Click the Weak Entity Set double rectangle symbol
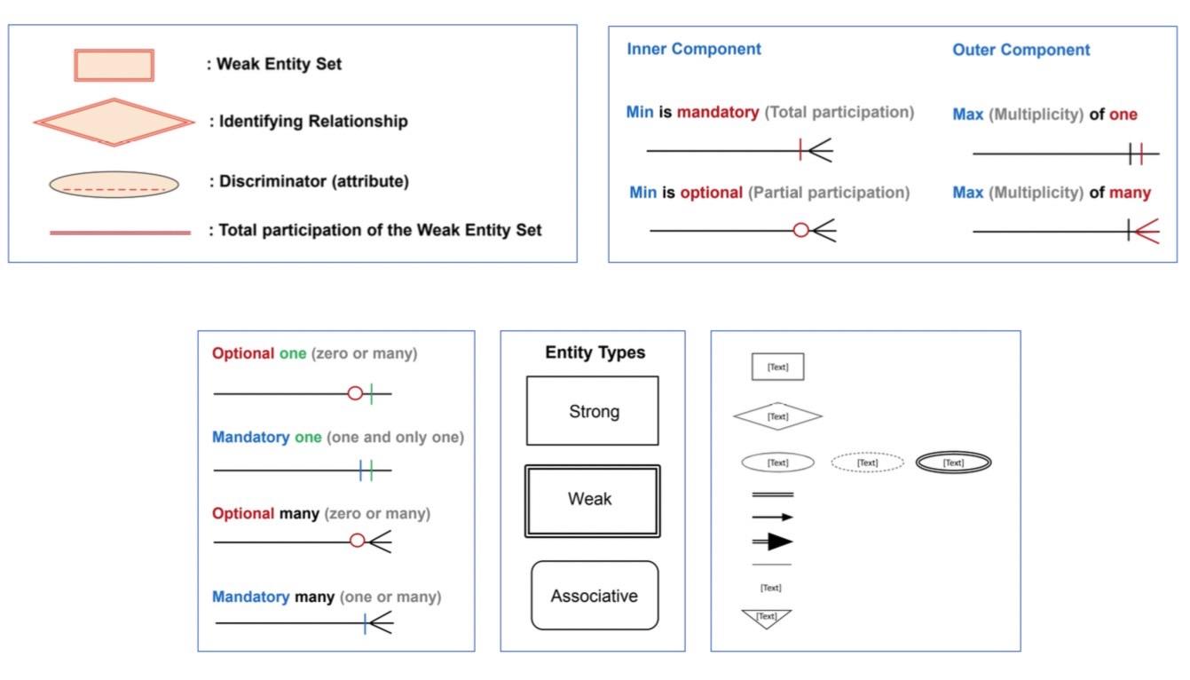pyautogui.click(x=114, y=65)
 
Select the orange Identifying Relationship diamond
pyautogui.click(x=114, y=122)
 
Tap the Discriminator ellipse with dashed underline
pyautogui.click(x=114, y=184)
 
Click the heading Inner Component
pyautogui.click(x=693, y=49)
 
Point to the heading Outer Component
pyautogui.click(x=1021, y=50)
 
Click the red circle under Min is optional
pyautogui.click(x=800, y=231)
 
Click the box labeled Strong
pyautogui.click(x=592, y=411)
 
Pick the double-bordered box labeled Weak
pyautogui.click(x=592, y=500)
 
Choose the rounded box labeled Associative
pyautogui.click(x=594, y=596)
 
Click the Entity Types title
pyautogui.click(x=595, y=352)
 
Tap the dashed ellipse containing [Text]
pyautogui.click(x=867, y=463)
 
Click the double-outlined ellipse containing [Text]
pyautogui.click(x=953, y=463)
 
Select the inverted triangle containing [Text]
pyautogui.click(x=766, y=618)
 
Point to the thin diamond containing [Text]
pyautogui.click(x=777, y=415)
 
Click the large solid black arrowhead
pyautogui.click(x=779, y=542)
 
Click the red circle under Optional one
pyautogui.click(x=355, y=392)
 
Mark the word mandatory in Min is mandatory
pyautogui.click(x=717, y=113)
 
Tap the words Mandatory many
pyautogui.click(x=272, y=597)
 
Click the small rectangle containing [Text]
pyautogui.click(x=777, y=367)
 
